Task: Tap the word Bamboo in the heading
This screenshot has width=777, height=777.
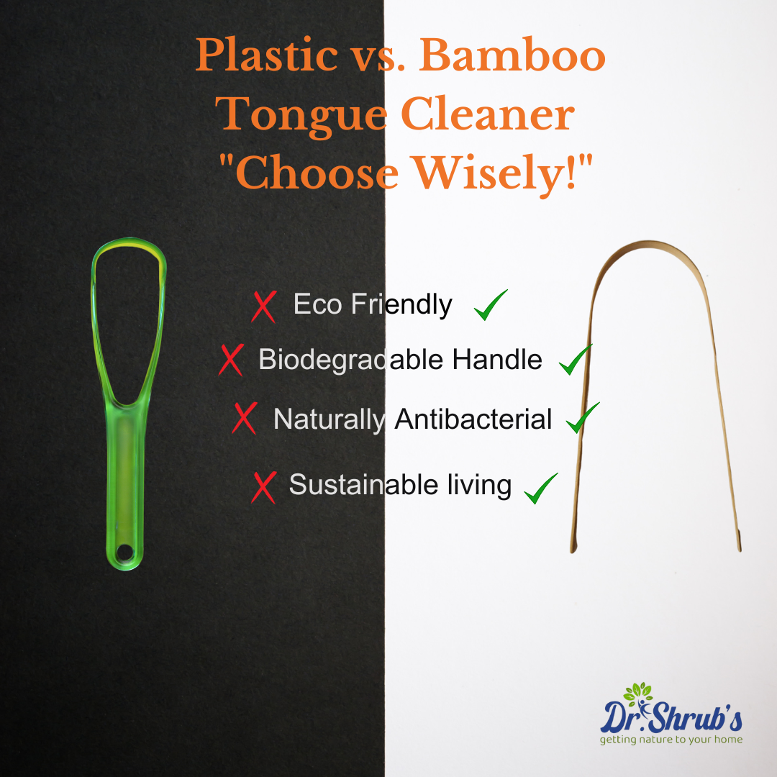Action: [524, 56]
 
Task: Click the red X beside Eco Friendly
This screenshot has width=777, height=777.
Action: [264, 306]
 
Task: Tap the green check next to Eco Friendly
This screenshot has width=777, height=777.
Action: [491, 305]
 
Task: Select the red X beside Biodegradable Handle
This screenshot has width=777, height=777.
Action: [232, 360]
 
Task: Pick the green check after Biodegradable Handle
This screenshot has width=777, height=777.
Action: [575, 359]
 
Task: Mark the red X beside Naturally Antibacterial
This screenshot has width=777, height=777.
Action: [245, 418]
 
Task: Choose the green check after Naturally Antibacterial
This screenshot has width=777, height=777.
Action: [582, 418]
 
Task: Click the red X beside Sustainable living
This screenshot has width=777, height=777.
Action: [264, 487]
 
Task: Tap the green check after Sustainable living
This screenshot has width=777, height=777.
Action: [541, 489]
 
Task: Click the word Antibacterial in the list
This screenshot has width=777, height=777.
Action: [473, 419]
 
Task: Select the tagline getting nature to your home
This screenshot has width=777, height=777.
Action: [671, 739]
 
